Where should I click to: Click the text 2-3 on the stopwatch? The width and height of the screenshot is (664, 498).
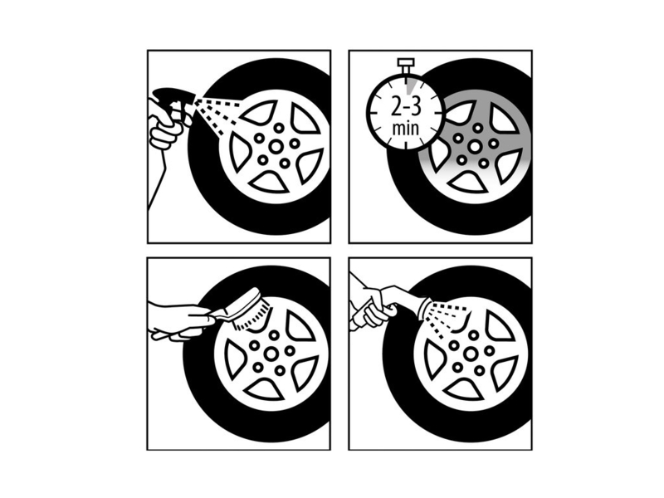point(406,107)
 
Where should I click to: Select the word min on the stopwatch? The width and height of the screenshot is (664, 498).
point(406,128)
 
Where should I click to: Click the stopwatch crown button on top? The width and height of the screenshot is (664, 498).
point(406,65)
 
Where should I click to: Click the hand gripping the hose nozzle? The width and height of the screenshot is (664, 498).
point(375,308)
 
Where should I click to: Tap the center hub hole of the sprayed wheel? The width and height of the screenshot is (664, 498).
point(276,147)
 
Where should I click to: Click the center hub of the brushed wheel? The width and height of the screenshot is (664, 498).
point(271,354)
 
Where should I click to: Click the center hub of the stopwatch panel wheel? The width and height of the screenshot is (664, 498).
point(475,147)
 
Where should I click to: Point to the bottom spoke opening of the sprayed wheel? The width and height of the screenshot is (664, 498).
point(267,183)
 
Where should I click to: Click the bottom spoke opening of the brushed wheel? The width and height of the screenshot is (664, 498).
point(265,390)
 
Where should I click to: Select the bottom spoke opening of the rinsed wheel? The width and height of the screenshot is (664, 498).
point(464,390)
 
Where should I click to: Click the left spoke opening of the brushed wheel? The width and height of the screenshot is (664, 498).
point(233,359)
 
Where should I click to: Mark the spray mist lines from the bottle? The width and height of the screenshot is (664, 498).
point(217,113)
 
